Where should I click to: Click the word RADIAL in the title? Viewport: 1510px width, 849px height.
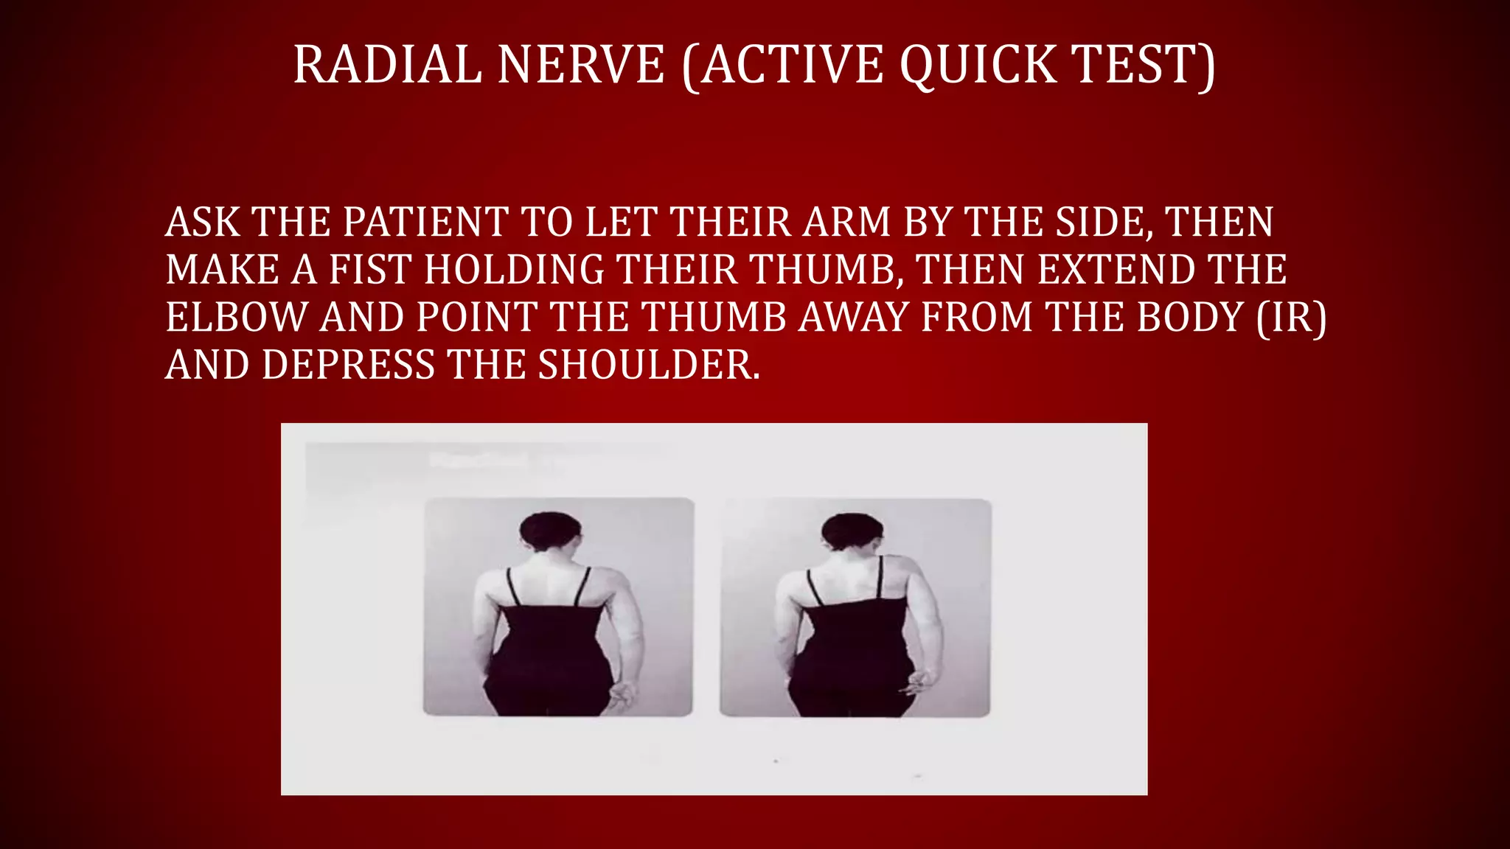pyautogui.click(x=387, y=65)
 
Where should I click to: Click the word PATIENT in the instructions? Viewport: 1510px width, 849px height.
pyautogui.click(x=425, y=222)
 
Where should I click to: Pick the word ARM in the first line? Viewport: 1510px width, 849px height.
pyautogui.click(x=846, y=222)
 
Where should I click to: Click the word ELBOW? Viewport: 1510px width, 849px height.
pyautogui.click(x=236, y=318)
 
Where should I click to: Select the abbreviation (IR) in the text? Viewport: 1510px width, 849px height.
pyautogui.click(x=1291, y=318)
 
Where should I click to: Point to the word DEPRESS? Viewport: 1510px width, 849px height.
pyautogui.click(x=348, y=365)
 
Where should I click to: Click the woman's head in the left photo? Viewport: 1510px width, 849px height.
pyautogui.click(x=551, y=532)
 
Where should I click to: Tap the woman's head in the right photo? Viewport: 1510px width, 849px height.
pyautogui.click(x=852, y=532)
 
